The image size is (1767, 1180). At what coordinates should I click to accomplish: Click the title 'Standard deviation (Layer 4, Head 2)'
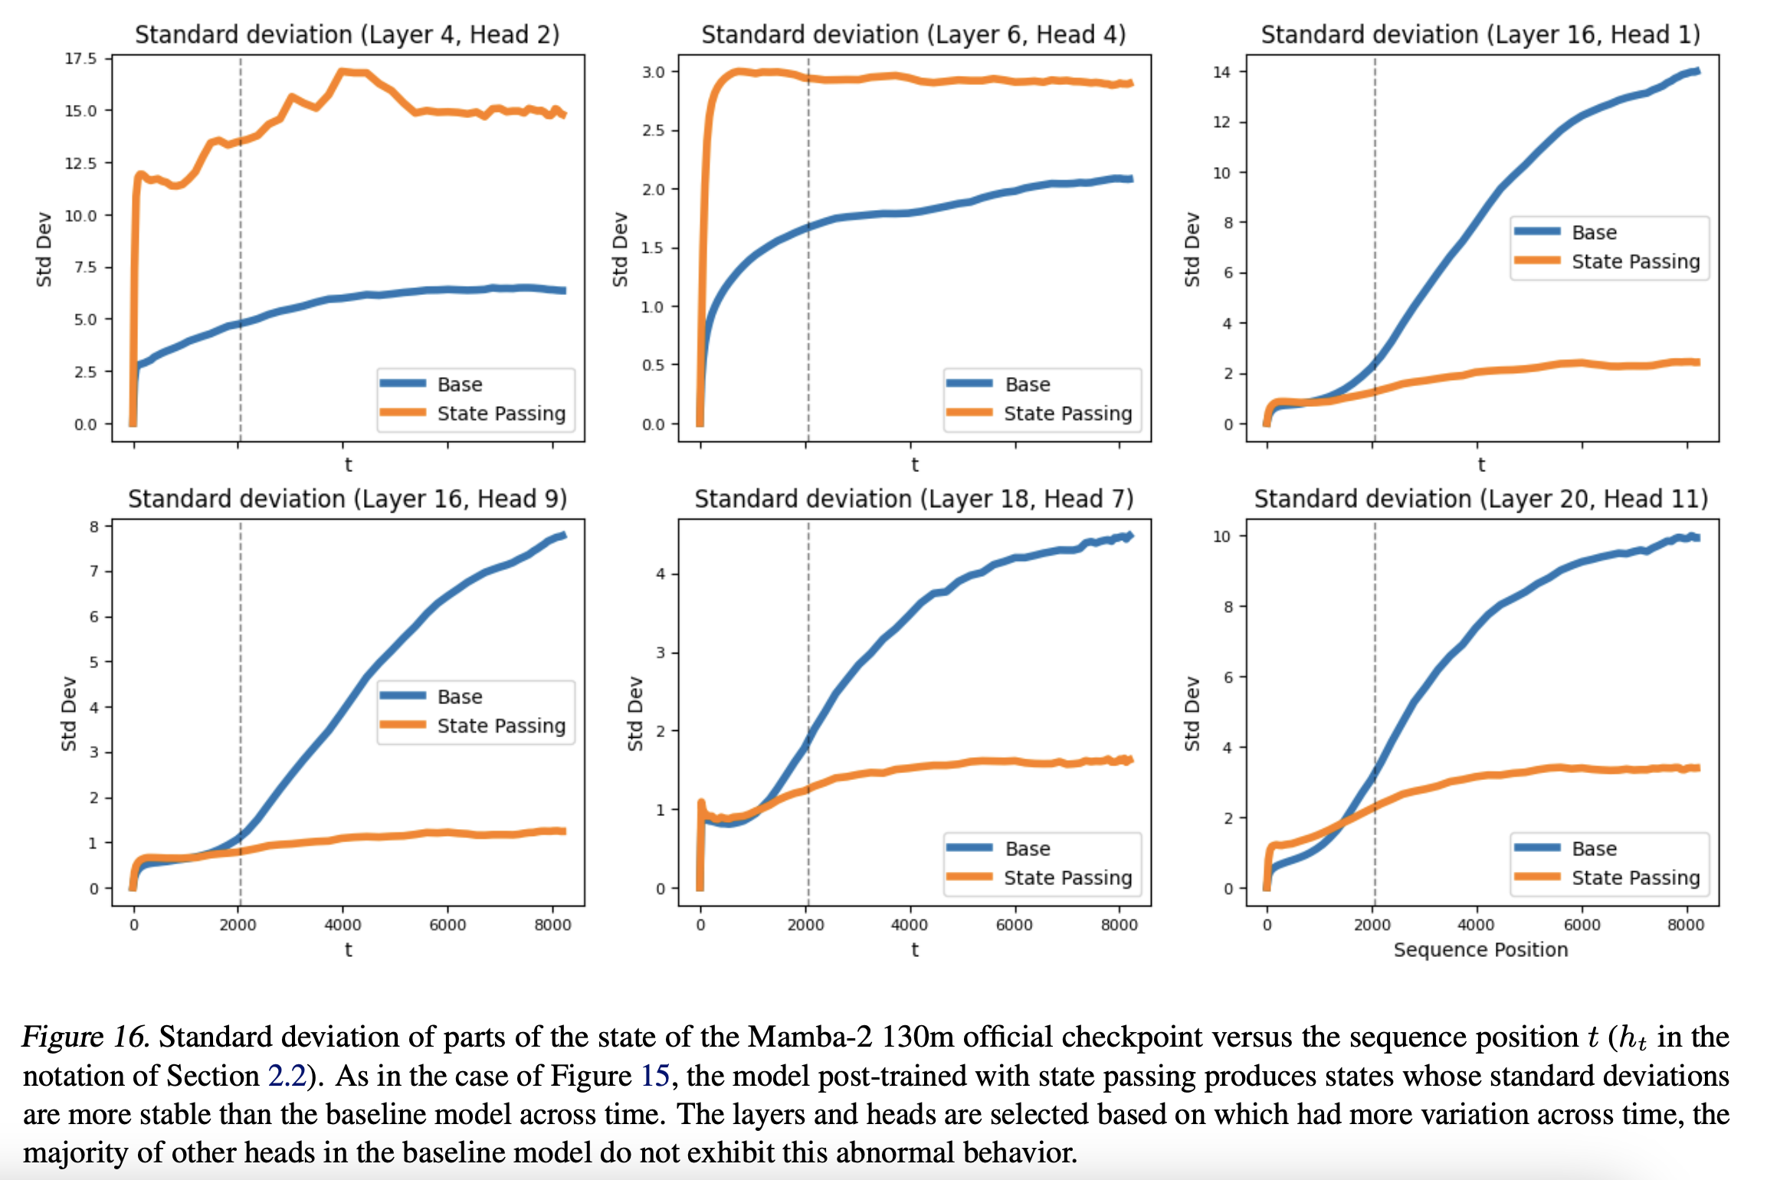pos(347,34)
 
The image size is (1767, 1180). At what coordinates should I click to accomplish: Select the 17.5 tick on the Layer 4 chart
pos(80,58)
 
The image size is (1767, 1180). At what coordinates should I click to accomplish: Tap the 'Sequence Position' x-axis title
pos(1480,949)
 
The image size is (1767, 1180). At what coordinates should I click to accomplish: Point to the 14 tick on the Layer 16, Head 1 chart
pos(1221,72)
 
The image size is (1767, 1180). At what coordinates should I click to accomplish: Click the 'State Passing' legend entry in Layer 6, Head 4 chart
pos(1067,414)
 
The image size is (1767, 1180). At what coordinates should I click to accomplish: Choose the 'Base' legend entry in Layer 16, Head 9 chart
pos(460,697)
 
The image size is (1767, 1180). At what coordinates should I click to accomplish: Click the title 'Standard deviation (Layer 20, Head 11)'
pos(1480,499)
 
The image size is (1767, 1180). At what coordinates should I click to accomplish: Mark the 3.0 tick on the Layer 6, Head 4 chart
pos(653,72)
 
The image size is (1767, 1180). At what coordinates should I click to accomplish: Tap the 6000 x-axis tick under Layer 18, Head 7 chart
pos(1015,925)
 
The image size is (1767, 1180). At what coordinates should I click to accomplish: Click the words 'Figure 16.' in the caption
pos(84,1037)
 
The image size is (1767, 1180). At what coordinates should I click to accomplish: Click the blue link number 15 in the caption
pos(655,1076)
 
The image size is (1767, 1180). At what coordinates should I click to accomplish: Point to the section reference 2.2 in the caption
pos(287,1076)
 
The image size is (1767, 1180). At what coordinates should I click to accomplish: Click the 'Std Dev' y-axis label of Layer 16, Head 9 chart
pos(69,713)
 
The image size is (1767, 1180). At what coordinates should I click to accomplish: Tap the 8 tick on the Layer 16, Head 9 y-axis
pos(94,526)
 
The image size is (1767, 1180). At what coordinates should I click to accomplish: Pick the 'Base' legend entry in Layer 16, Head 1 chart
pos(1594,232)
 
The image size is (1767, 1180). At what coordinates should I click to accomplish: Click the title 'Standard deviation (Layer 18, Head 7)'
pos(913,499)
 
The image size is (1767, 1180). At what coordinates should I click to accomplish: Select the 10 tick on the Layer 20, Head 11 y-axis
pos(1221,536)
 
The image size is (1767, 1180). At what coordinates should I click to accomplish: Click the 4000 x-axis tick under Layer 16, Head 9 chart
pos(343,925)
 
